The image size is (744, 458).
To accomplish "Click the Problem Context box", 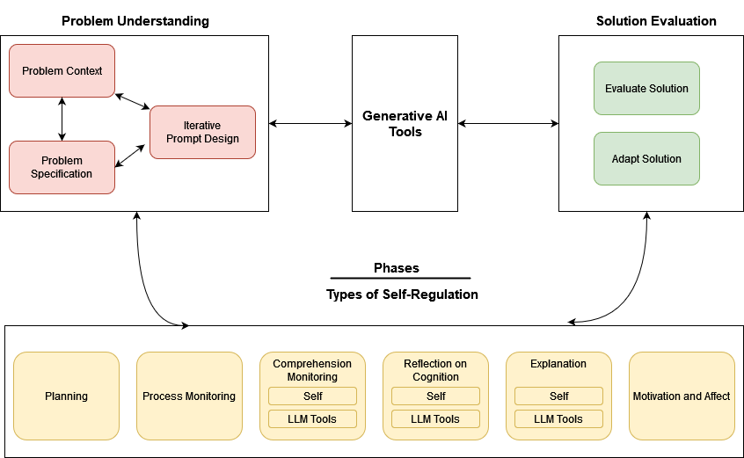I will pyautogui.click(x=62, y=70).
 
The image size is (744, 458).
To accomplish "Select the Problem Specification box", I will pyautogui.click(x=62, y=167).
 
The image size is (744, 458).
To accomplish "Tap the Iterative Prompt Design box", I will pyautogui.click(x=202, y=132).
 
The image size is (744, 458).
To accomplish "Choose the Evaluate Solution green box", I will pyautogui.click(x=646, y=88).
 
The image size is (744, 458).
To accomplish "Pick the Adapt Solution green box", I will pyautogui.click(x=646, y=158).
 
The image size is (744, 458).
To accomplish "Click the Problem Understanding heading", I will pyautogui.click(x=135, y=21).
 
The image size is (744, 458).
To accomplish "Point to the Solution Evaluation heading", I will pyautogui.click(x=656, y=21).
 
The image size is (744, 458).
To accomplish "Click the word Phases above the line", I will pyautogui.click(x=396, y=268).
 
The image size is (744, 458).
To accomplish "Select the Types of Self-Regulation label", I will pyautogui.click(x=401, y=294).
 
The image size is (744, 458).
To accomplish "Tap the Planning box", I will pyautogui.click(x=66, y=396).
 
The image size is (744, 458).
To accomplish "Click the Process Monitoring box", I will pyautogui.click(x=189, y=396).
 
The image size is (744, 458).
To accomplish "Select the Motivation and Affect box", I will pyautogui.click(x=682, y=396).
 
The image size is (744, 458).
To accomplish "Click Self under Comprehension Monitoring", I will pyautogui.click(x=312, y=396).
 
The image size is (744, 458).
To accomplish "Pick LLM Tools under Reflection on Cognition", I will pyautogui.click(x=435, y=419).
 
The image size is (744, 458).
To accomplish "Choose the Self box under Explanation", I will pyautogui.click(x=558, y=396).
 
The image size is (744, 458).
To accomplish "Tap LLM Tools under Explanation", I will pyautogui.click(x=558, y=419).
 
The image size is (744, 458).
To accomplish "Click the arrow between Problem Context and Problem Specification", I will pyautogui.click(x=62, y=119).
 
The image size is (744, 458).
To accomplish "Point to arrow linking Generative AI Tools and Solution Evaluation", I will pyautogui.click(x=508, y=124).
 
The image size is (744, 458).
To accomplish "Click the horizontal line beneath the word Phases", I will pyautogui.click(x=400, y=279).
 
